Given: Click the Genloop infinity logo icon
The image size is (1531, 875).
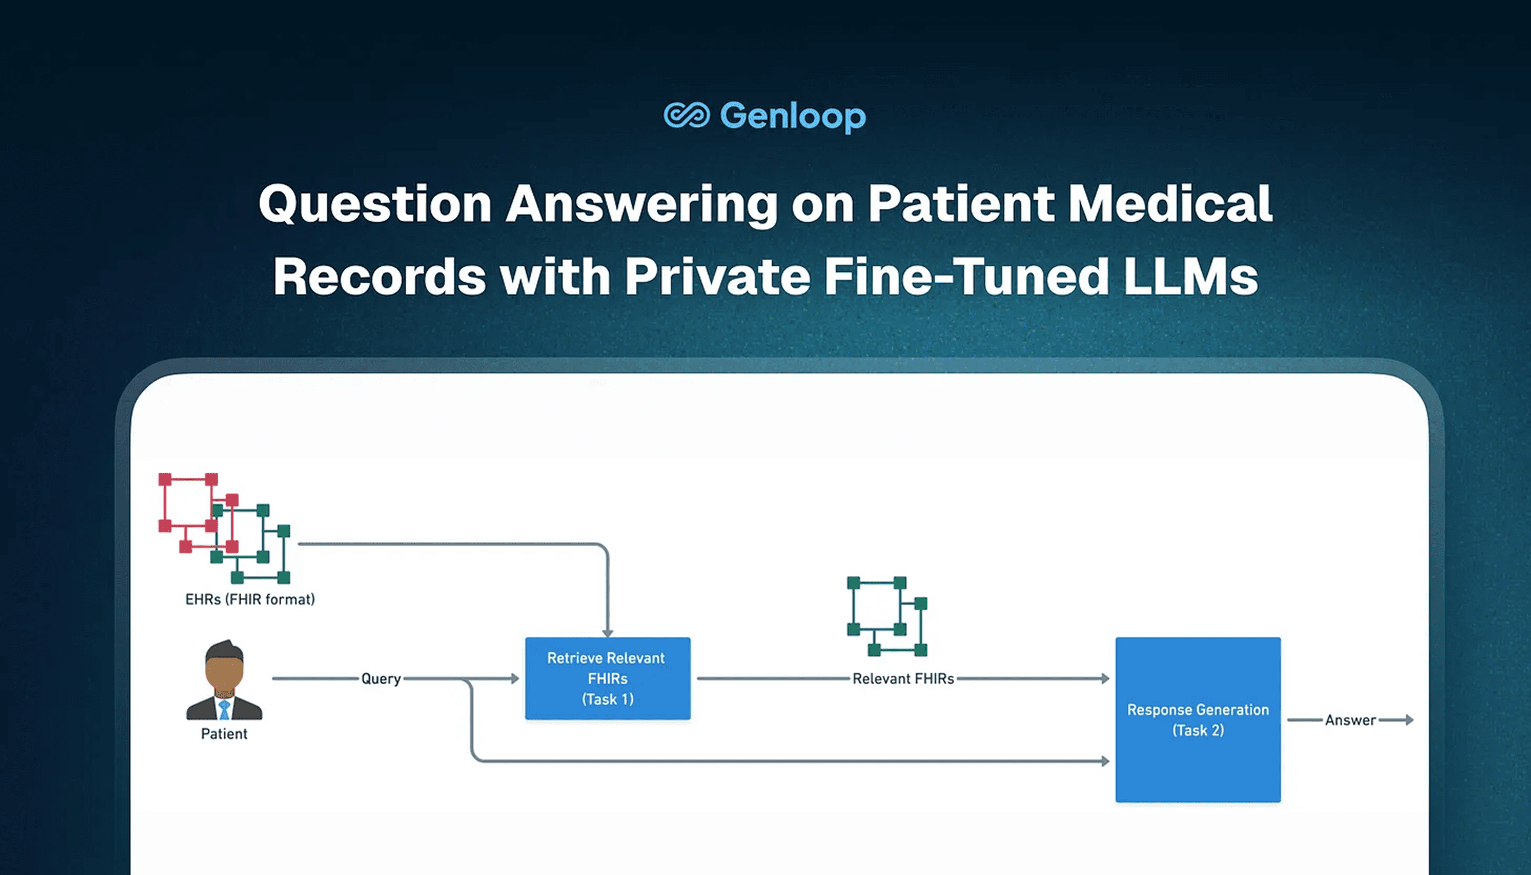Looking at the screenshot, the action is [x=686, y=115].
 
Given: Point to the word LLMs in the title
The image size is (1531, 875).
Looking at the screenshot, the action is [x=1190, y=277].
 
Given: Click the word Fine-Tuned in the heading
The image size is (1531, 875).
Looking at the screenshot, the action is [x=966, y=277].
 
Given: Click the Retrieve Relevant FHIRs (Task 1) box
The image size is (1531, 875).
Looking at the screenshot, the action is [x=607, y=678].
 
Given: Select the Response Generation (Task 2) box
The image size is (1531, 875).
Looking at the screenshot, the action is [x=1198, y=720].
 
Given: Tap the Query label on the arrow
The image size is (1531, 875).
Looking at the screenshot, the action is [x=381, y=679].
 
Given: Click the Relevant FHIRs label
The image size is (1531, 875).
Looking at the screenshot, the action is [x=903, y=678].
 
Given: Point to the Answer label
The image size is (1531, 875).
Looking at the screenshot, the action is [x=1350, y=720].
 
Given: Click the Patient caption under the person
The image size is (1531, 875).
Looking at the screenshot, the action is [x=224, y=734].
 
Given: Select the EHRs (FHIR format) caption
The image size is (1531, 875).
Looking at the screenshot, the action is [x=250, y=599].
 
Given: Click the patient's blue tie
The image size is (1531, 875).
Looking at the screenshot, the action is [x=224, y=709].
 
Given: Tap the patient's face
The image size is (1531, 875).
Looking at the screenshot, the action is [x=224, y=673].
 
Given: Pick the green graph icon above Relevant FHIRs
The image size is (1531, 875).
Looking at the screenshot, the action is [x=887, y=616].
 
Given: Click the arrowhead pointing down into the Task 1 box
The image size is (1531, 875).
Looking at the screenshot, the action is [x=607, y=633].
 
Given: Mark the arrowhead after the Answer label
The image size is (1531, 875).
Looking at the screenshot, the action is [x=1409, y=720].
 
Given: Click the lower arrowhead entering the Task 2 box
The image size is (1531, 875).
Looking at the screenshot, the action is [x=1105, y=761].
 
